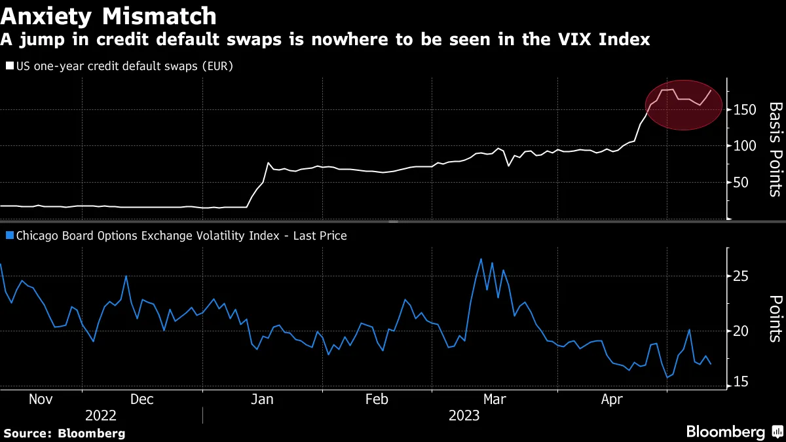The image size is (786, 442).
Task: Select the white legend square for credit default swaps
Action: pos(9,66)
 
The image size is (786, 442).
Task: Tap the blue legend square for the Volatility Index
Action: pos(9,236)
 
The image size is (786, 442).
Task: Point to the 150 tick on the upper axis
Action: pos(741,109)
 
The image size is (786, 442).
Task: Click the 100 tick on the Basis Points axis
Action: pos(741,145)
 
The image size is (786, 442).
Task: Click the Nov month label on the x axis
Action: pos(40,399)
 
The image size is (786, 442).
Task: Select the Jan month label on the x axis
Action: pos(262,399)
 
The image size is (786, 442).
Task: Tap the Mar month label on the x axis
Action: pos(493,399)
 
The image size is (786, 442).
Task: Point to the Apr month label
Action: pos(611,399)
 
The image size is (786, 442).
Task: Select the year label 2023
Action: pos(464,416)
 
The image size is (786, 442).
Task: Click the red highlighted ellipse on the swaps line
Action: pos(684,105)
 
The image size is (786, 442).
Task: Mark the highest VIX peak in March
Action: pos(481,259)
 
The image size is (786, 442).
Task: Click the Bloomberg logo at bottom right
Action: pos(733,432)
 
